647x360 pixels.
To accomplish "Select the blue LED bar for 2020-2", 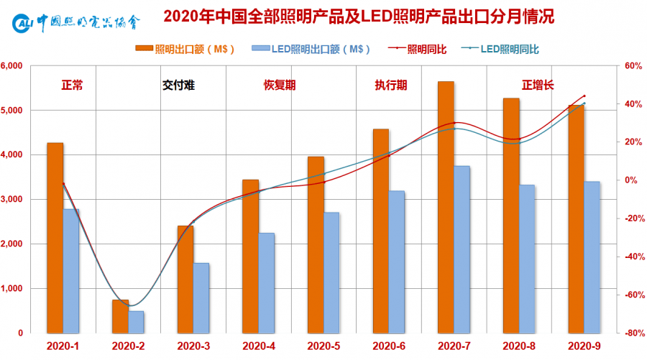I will (137, 322).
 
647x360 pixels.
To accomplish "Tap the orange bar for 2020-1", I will (55, 238).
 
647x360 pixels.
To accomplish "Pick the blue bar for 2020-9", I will (592, 257).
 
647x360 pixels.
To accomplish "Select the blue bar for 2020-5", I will (331, 272).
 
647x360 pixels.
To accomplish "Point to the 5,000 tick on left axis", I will (12, 111).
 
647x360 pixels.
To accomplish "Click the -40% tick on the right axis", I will (632, 257).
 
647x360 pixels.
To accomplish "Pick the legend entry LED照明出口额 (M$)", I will (313, 49).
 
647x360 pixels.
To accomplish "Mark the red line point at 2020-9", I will (584, 96).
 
